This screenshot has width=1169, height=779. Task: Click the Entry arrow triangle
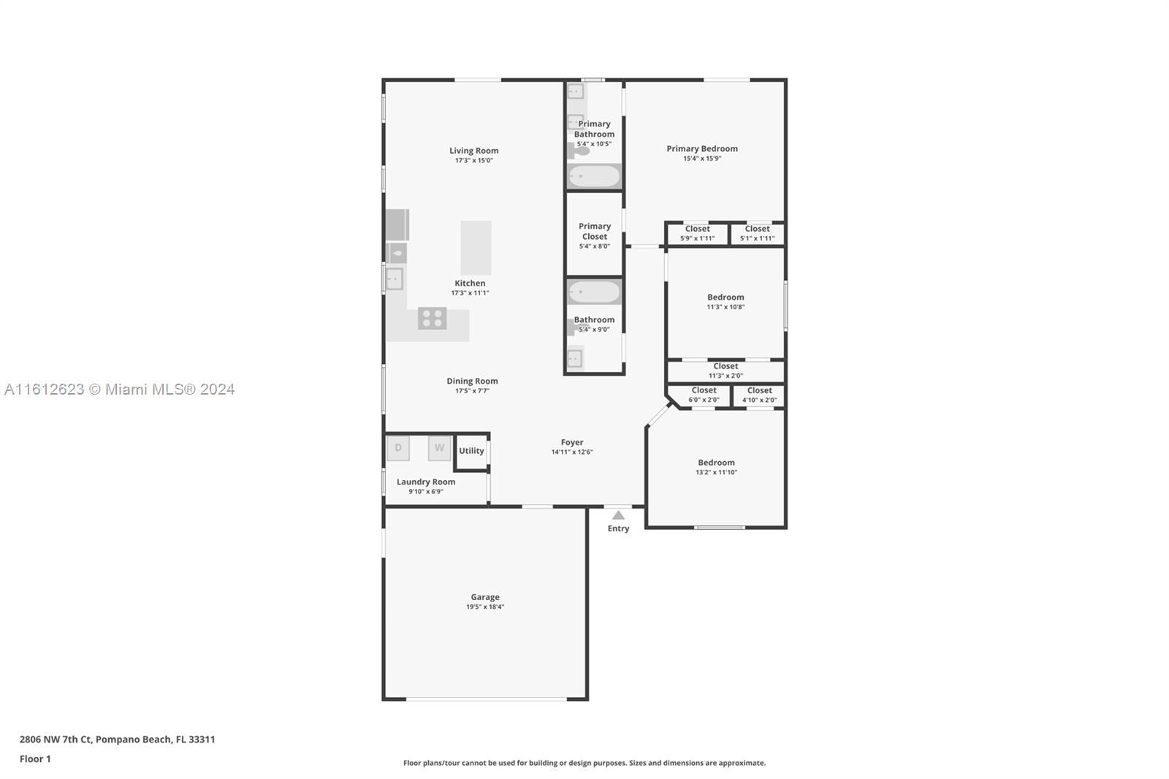point(618,515)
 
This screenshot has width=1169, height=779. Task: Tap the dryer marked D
point(398,448)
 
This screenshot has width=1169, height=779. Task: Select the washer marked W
point(439,448)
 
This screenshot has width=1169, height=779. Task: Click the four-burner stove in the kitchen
point(432,318)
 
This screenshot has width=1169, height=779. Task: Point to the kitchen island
point(476,248)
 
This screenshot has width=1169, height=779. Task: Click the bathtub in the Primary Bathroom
point(594,176)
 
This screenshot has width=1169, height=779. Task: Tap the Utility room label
point(471,451)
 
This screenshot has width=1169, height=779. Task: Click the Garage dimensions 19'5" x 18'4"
point(485,607)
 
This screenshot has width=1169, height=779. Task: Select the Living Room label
point(474,151)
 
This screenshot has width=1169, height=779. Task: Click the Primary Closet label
point(595,232)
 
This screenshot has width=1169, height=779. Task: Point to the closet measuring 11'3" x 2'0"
point(726,370)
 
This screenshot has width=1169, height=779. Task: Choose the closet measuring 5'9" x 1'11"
point(697,233)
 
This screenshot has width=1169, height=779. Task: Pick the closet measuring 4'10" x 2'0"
point(759,395)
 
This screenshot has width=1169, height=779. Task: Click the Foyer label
point(572,442)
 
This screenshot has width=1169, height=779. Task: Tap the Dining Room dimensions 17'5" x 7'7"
point(472,390)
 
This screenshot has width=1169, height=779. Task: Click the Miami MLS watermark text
point(120,389)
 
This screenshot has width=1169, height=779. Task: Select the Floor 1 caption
point(36,759)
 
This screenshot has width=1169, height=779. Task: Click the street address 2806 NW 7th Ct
point(56,740)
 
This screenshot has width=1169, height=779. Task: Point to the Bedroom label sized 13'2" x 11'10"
point(716,463)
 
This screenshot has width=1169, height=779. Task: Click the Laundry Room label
point(426,482)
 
